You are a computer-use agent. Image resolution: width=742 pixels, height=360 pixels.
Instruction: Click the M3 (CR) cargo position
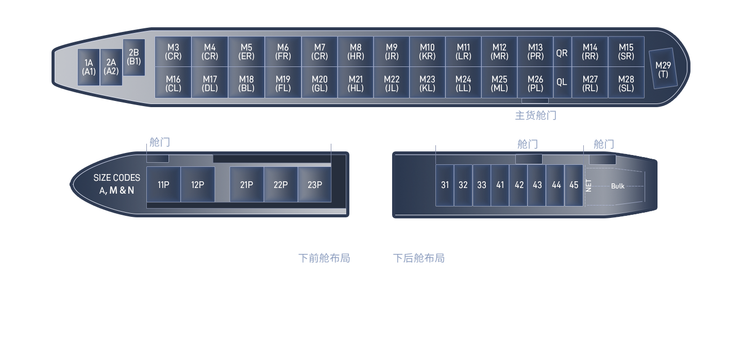[173, 52]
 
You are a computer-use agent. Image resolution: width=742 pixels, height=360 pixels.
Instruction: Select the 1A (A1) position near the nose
[89, 67]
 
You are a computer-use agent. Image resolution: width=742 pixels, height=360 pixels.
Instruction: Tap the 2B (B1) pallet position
[133, 57]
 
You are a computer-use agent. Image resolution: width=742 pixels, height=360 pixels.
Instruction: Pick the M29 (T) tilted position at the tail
[663, 70]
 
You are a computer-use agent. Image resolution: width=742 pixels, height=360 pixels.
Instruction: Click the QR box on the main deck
[562, 53]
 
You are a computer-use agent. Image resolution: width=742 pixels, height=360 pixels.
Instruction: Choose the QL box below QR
[562, 82]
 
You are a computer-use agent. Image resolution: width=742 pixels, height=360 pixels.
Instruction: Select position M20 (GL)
[319, 83]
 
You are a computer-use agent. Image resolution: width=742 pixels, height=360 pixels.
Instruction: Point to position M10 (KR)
[427, 52]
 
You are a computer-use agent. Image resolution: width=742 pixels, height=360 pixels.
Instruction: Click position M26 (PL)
[535, 83]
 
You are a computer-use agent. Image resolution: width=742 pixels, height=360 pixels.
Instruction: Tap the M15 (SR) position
[626, 52]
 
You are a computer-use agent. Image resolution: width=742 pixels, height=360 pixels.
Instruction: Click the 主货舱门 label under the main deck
[535, 115]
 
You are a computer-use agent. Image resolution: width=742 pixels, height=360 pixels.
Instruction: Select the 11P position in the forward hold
[163, 184]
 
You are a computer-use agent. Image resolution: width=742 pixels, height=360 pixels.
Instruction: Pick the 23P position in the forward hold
[314, 184]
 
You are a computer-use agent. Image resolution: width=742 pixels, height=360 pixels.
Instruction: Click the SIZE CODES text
[116, 178]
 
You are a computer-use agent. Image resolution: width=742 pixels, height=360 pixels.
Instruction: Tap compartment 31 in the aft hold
[445, 185]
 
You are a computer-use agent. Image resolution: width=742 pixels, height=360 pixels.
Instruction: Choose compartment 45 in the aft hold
[574, 185]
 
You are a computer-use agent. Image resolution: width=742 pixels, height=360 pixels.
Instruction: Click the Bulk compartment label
[617, 186]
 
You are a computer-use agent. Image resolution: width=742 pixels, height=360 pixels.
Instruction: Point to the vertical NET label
[589, 185]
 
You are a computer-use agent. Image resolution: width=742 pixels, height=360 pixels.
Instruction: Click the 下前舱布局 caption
[324, 258]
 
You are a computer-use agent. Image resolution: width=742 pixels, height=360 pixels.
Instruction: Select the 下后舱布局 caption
[419, 258]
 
